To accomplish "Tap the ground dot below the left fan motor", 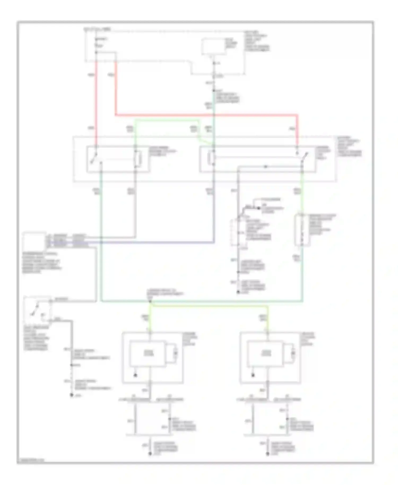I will click(x=150, y=454).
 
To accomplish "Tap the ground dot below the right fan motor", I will click(x=268, y=454).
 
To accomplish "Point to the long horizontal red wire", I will click(x=207, y=115).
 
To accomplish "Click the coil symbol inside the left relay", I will click(x=138, y=159).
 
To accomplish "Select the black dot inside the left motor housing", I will click(x=136, y=375).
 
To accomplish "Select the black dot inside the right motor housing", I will click(x=253, y=375).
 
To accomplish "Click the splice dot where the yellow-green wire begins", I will click(x=150, y=302).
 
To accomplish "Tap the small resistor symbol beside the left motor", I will click(x=175, y=353).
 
